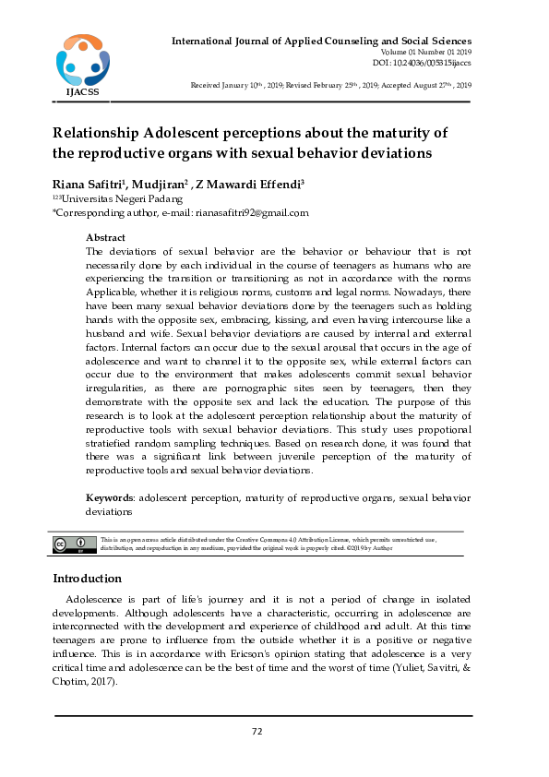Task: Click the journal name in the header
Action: (x=321, y=42)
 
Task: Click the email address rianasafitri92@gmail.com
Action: (x=250, y=212)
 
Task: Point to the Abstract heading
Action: (x=105, y=237)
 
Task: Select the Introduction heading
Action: (x=87, y=579)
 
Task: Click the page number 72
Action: (x=257, y=732)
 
